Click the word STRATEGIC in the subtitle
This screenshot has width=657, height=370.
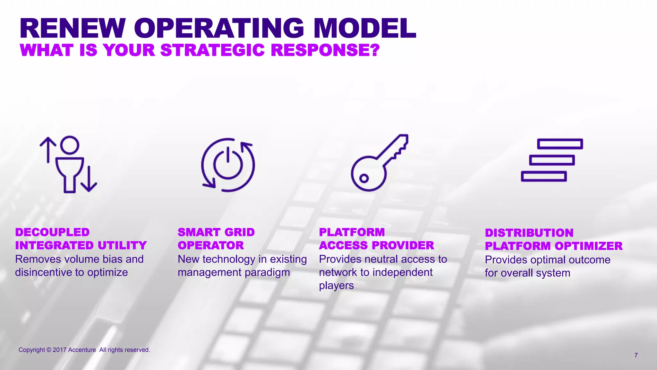[212, 50]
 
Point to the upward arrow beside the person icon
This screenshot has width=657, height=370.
[48, 150]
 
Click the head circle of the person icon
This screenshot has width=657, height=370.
[70, 145]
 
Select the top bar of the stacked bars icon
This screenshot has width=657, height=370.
[560, 144]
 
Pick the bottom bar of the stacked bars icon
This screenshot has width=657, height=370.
[543, 176]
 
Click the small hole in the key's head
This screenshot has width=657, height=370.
[363, 178]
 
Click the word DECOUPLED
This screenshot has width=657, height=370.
[52, 232]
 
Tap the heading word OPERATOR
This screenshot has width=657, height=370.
[211, 245]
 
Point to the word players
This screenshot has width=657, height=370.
[336, 286]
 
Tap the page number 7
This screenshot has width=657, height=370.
[636, 355]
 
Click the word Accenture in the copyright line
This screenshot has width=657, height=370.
[82, 350]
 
